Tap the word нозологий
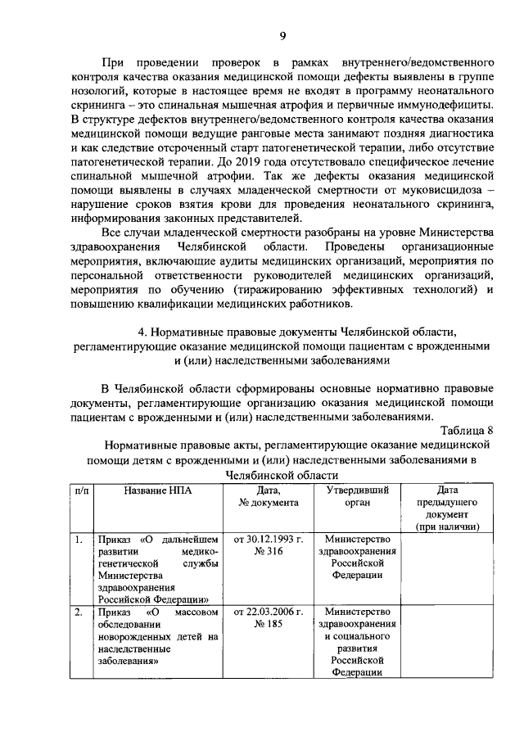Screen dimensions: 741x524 (100, 91)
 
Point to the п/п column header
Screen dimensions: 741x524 (81, 490)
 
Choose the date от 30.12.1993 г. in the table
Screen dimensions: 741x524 (269, 540)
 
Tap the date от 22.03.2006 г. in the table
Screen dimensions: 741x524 (269, 612)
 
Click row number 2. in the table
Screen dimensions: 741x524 (78, 612)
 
